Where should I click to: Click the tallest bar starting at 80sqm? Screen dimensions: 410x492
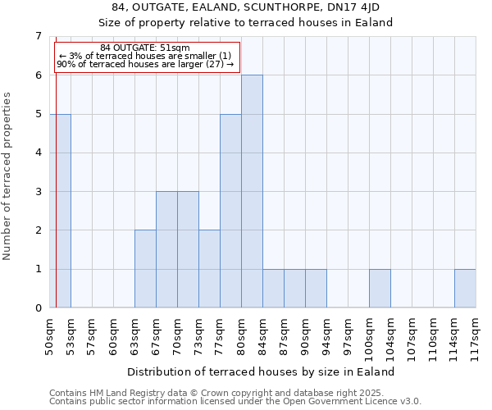coord(252,191)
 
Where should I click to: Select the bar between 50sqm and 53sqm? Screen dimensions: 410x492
coord(63,211)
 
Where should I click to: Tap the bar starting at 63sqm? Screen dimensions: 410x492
coord(145,269)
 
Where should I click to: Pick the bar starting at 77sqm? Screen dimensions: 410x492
coord(230,211)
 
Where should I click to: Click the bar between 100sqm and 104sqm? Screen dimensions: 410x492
coord(380,289)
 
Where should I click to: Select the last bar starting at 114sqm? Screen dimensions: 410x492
coord(465,289)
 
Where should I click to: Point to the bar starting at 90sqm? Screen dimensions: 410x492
coord(316,289)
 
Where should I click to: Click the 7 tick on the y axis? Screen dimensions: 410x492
coord(38,36)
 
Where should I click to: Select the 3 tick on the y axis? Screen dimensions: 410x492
coord(38,192)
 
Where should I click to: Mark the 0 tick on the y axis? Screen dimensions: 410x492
coord(38,308)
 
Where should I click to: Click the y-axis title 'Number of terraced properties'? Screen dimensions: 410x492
coord(8,176)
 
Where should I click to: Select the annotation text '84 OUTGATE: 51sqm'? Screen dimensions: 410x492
coord(144,48)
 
